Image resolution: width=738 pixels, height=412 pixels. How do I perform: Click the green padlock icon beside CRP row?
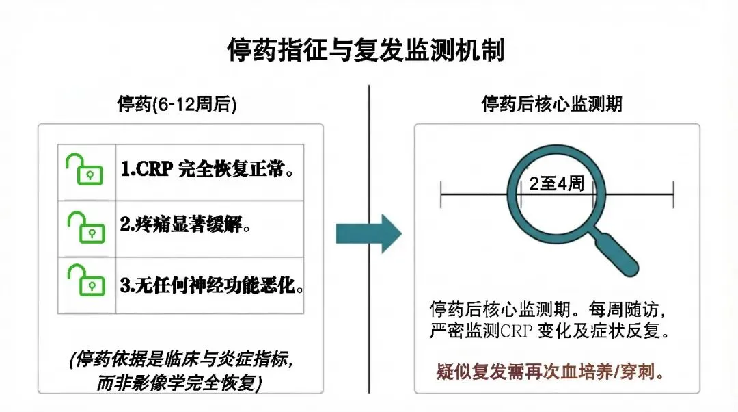pyautogui.click(x=84, y=169)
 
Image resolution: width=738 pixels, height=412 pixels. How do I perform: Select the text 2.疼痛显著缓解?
pyautogui.click(x=184, y=225)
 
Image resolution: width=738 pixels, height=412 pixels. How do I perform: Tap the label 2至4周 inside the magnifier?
pyautogui.click(x=556, y=183)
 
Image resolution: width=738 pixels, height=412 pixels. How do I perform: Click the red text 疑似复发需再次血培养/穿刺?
pyautogui.click(x=551, y=373)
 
